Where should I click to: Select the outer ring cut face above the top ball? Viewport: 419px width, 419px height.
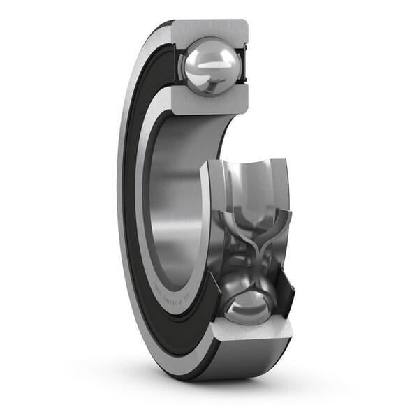pyautogui.click(x=209, y=29)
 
